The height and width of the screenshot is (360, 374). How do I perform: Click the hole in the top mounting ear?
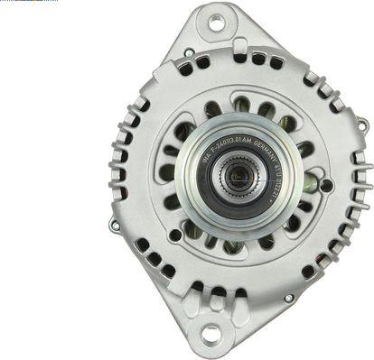pos(216,23)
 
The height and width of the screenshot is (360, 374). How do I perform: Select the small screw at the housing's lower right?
pos(288,297)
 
